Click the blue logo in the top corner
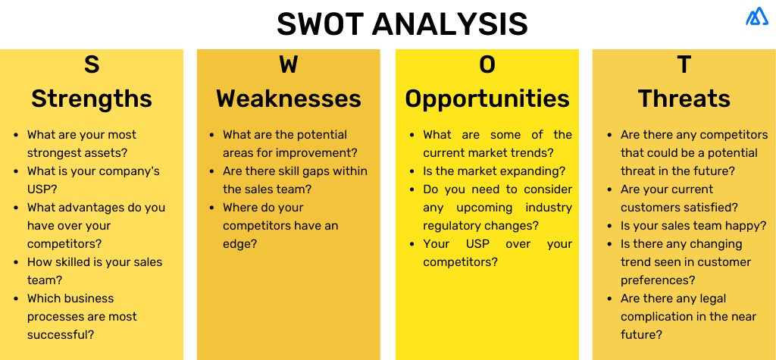756,17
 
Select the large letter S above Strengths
92,65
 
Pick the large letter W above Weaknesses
289,65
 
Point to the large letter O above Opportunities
487,65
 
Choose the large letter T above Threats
684,65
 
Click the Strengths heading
92,99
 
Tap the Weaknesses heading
289,99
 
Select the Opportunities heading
487,99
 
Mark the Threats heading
684,99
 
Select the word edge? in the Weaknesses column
240,244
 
